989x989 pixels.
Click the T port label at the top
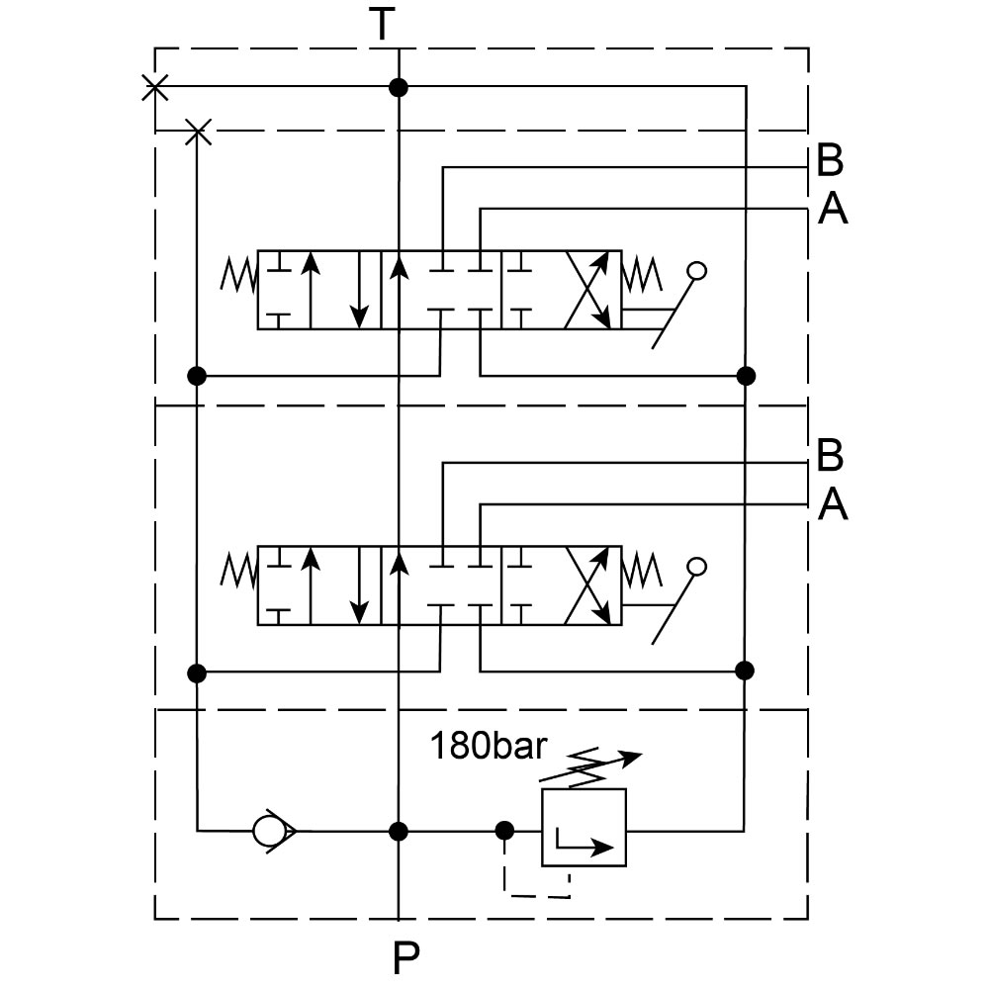click(383, 25)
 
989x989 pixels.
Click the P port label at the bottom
click(405, 956)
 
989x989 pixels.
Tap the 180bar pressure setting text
click(487, 746)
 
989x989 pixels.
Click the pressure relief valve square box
click(584, 828)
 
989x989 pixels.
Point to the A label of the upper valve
click(833, 209)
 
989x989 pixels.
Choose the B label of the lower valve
click(831, 456)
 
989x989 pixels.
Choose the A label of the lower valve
click(833, 505)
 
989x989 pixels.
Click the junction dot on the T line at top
click(399, 87)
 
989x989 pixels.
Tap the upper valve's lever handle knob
click(696, 270)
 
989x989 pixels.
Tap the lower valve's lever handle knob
click(696, 567)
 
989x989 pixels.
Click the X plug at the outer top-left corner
click(154, 87)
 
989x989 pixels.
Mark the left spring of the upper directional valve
click(238, 276)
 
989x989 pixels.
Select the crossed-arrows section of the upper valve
click(585, 290)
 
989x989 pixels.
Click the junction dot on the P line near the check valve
click(399, 830)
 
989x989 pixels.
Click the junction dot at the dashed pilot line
click(504, 830)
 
